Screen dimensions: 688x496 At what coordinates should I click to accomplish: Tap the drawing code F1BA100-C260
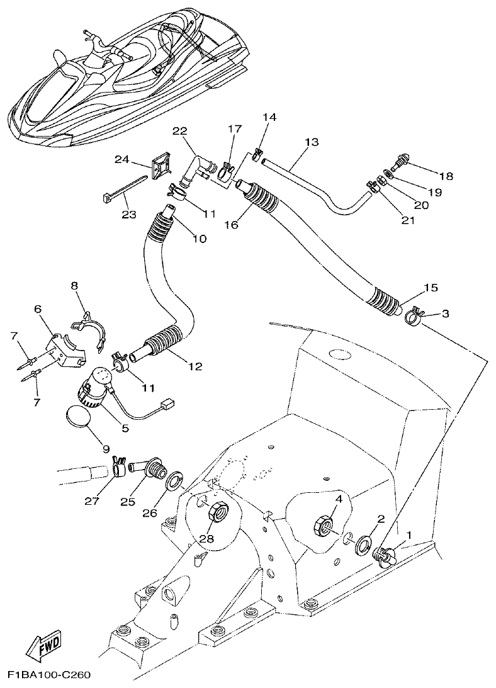50,675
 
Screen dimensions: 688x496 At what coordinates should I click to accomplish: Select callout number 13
311,143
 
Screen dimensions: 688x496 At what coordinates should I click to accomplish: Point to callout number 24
121,159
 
